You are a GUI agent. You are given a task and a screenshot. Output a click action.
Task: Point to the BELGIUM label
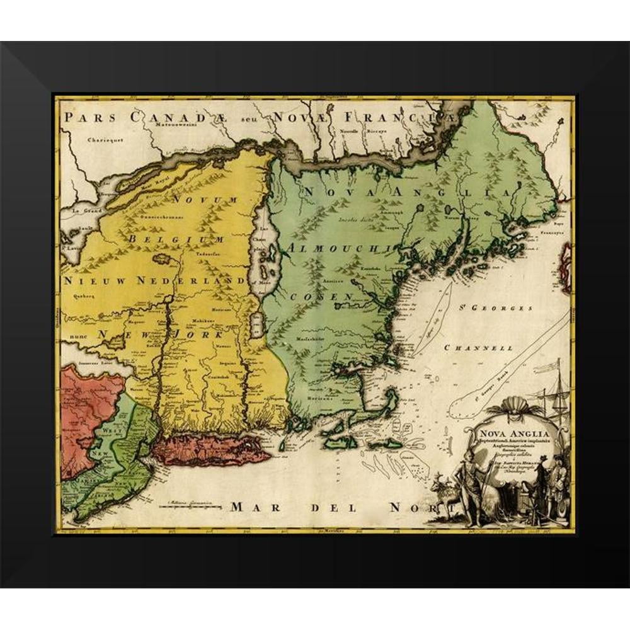coord(176,239)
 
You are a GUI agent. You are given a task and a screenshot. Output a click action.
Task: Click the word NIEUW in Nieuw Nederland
coord(93,279)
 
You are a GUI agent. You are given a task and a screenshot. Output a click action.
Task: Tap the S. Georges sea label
coord(504,309)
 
